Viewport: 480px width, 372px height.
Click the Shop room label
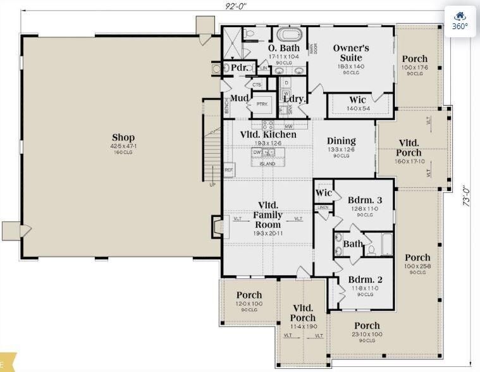(123, 138)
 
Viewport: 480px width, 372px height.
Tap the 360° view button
(460, 21)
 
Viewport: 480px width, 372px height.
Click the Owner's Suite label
(351, 53)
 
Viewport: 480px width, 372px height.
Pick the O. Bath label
(283, 48)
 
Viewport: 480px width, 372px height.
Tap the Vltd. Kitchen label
(268, 135)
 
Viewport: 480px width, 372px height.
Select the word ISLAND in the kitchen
(268, 164)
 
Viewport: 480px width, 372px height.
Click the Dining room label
(341, 141)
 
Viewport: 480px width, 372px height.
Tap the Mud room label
(238, 98)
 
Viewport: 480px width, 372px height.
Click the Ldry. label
(294, 99)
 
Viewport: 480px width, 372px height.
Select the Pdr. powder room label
(238, 68)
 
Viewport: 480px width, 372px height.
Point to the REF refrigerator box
(229, 170)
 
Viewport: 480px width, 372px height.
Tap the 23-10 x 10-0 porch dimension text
(367, 334)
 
